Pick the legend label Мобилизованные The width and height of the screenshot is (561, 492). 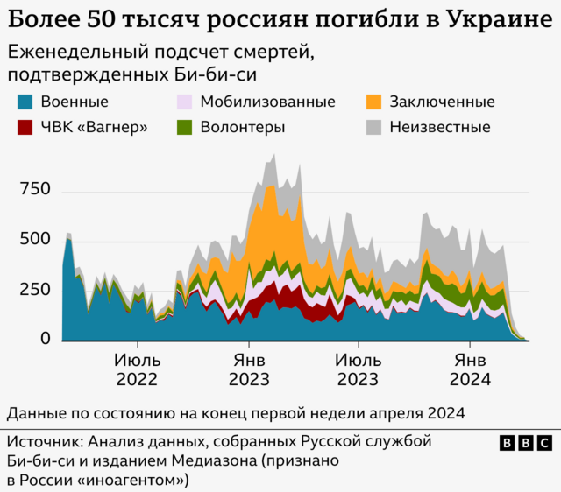click(267, 102)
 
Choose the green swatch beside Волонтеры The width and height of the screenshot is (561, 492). click(185, 127)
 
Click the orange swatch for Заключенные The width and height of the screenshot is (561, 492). click(374, 102)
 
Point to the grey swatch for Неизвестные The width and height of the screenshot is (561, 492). click(374, 127)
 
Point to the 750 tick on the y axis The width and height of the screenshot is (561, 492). click(35, 190)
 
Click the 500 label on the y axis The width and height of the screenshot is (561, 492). click(35, 240)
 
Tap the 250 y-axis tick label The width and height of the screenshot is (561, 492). click(35, 290)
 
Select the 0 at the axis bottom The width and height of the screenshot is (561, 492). click(46, 339)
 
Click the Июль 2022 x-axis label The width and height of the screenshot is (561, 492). click(136, 369)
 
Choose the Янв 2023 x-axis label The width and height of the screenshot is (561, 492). click(248, 369)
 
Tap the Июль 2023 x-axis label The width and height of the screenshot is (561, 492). click(358, 369)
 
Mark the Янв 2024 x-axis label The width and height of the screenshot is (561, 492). click(470, 369)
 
